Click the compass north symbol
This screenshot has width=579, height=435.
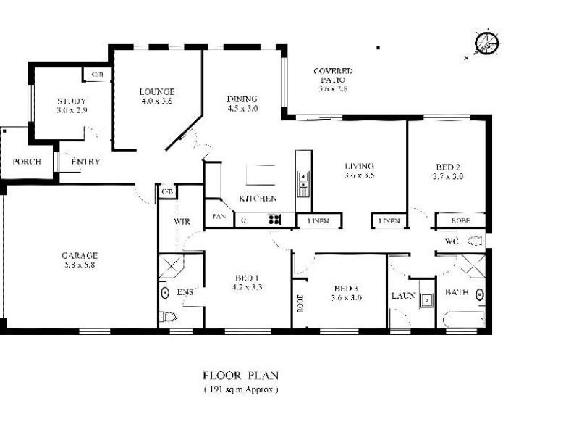point(486,43)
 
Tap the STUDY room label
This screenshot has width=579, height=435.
point(72,101)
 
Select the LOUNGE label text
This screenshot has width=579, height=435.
point(157,91)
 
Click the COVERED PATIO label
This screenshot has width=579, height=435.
point(333,71)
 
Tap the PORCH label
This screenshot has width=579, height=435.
point(27,162)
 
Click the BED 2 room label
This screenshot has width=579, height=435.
point(447,165)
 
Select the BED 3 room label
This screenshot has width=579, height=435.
point(346,287)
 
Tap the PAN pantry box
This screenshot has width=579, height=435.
point(218,216)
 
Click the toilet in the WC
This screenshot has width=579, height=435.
point(476,240)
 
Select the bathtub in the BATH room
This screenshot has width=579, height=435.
point(464,319)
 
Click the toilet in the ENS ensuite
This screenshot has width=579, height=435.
point(168,317)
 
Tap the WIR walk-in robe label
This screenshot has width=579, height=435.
point(182,222)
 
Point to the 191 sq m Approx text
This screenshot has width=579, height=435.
point(240,389)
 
